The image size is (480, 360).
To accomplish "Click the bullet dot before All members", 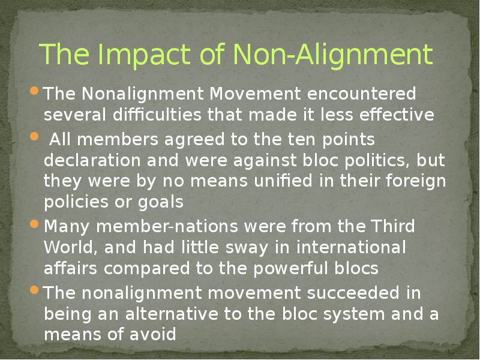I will [34, 136].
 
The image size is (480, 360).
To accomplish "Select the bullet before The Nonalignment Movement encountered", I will [34, 92].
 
